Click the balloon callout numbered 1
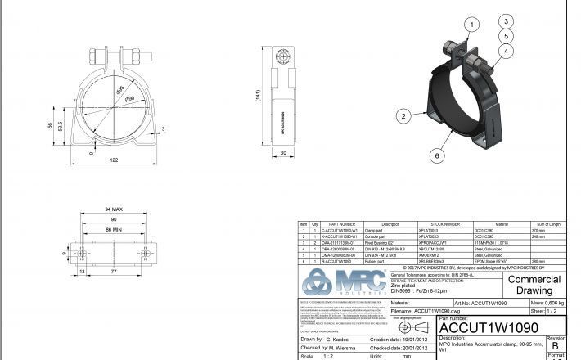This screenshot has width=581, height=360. point(471,25)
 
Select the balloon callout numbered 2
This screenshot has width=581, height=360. point(404,117)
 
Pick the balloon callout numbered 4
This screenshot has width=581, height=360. point(507,51)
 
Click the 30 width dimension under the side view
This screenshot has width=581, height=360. point(283,153)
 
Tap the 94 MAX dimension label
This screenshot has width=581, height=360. point(113,209)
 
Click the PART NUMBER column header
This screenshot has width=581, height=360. point(341,223)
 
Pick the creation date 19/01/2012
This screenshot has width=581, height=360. point(414,339)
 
